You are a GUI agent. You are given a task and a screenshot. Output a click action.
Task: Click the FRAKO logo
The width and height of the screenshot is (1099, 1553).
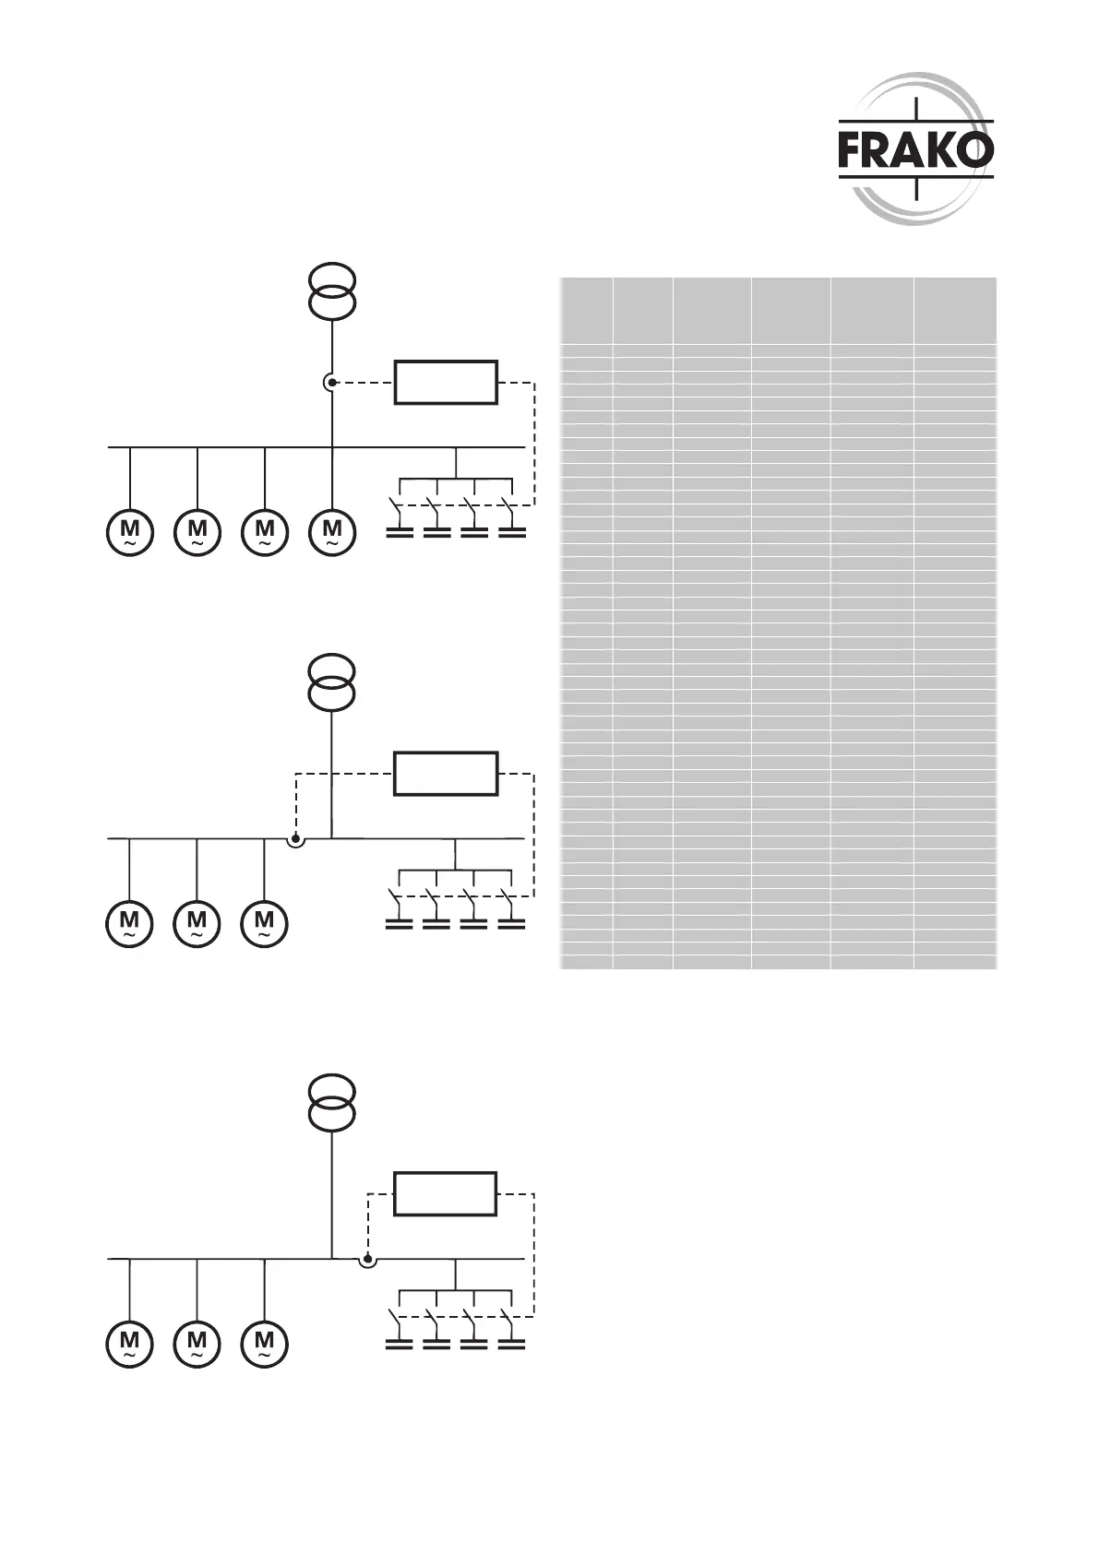(915, 150)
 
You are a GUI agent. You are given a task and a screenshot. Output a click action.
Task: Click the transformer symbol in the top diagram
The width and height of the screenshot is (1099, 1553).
(331, 290)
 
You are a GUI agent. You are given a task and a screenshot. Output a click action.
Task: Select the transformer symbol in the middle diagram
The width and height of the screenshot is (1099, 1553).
(331, 682)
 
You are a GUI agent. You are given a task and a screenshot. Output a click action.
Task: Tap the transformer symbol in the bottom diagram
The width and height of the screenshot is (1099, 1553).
(331, 1101)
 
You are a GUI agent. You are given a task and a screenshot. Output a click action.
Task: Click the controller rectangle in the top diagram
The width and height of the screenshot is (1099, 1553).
(446, 382)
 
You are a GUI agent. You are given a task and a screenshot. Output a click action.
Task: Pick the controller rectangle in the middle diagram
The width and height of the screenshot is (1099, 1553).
(446, 773)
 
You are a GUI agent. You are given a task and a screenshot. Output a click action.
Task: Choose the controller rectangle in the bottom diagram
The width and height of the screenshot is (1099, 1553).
(446, 1193)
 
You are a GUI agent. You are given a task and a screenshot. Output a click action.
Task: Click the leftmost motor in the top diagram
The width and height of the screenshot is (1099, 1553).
(129, 532)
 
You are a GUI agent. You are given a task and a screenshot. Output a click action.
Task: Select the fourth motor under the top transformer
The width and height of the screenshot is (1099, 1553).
(331, 532)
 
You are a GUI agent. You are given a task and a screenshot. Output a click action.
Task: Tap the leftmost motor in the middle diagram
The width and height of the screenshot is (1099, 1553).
(129, 923)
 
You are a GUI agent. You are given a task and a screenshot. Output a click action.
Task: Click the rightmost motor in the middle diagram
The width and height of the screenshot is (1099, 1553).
(264, 923)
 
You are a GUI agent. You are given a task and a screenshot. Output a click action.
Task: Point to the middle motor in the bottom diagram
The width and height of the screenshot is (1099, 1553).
(197, 1343)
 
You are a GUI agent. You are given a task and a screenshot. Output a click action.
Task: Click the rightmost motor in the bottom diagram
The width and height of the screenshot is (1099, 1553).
(264, 1343)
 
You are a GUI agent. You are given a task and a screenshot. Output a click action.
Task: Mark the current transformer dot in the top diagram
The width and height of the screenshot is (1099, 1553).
(331, 382)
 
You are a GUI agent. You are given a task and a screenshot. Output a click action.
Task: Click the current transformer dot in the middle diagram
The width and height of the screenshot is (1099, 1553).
(295, 839)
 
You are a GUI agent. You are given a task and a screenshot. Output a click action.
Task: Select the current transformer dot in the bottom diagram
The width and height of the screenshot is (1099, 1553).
(367, 1258)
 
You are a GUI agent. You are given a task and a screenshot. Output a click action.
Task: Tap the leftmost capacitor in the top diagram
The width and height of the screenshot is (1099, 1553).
(399, 532)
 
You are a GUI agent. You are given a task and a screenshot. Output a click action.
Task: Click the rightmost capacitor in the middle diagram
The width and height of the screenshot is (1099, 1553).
(511, 923)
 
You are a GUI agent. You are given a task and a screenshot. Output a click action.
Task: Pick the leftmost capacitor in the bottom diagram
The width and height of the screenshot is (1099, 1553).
(399, 1345)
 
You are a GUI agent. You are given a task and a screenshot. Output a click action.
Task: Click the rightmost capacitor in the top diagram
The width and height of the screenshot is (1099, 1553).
(511, 532)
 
